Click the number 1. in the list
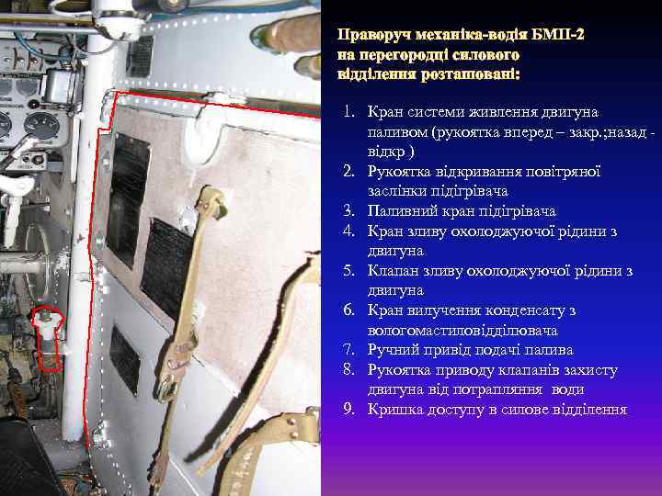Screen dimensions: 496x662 point(349,112)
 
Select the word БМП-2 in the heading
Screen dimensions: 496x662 point(557,36)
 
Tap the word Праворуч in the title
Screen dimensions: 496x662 point(371,36)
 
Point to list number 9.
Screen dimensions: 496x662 point(349,409)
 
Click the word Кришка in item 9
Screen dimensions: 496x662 point(393,409)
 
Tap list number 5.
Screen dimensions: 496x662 point(349,271)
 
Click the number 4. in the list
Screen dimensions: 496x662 point(349,231)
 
